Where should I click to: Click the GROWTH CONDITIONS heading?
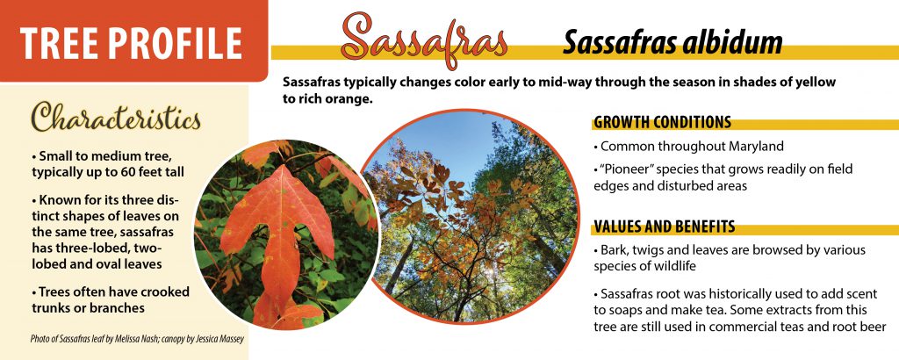pyautogui.click(x=662, y=122)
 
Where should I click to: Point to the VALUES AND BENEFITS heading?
pyautogui.click(x=665, y=227)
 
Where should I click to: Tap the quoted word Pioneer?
pyautogui.click(x=625, y=169)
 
